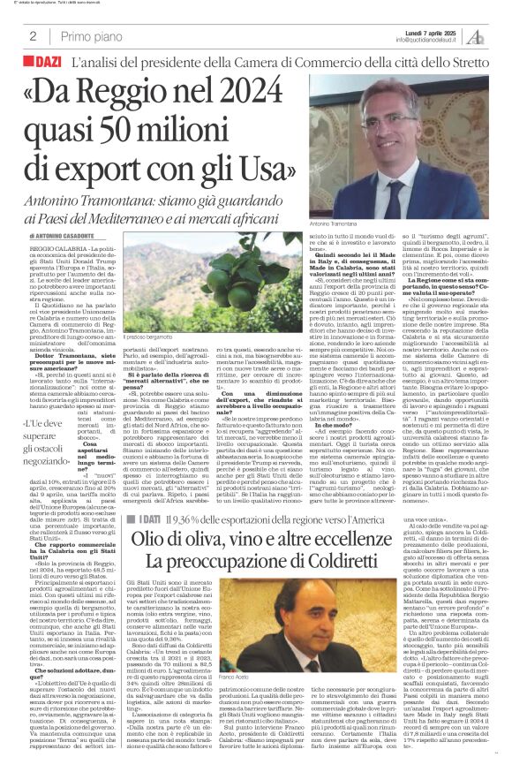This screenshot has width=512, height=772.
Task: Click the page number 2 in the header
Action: (x=32, y=36)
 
